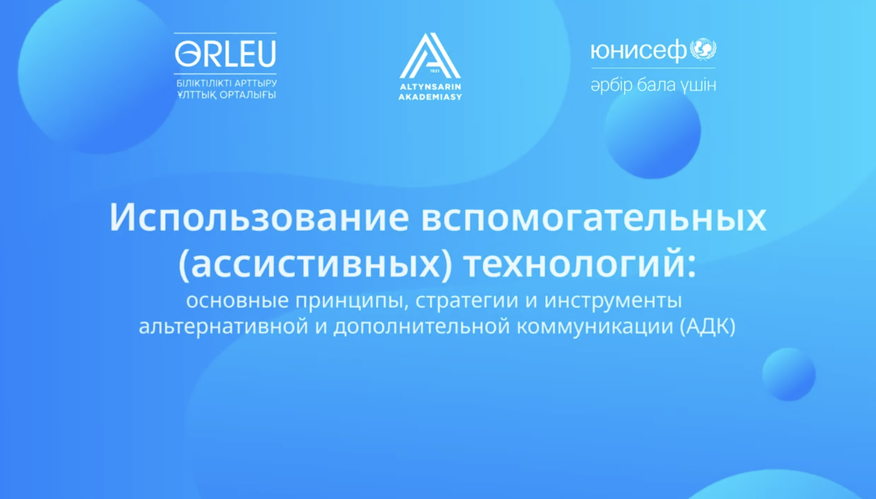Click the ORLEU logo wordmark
pos(226,54)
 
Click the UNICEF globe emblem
pos(703,49)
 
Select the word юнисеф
pos(638,51)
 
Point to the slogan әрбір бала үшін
pos(653,85)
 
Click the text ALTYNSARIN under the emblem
pos(430,87)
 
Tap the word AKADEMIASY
pos(430,97)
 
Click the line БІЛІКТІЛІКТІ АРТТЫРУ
pos(226,84)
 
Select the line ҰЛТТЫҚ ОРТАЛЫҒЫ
pos(226,95)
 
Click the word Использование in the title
pos(259,217)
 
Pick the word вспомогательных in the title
pos(593,217)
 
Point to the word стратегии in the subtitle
pos(467,300)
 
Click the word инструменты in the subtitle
pos(613,300)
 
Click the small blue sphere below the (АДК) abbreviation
pos(789,374)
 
